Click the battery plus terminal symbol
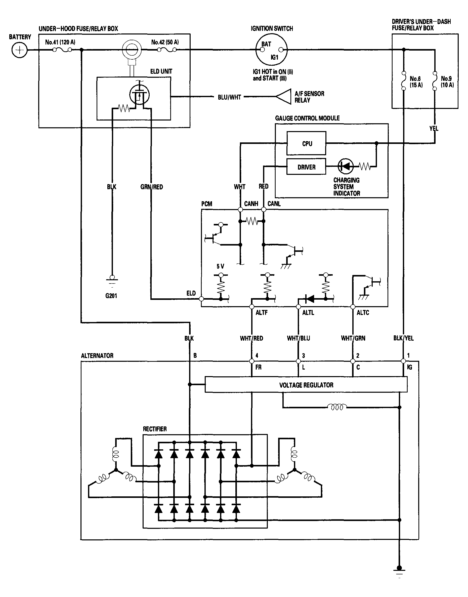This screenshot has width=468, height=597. click(x=19, y=50)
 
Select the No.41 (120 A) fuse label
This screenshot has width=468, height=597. click(x=60, y=42)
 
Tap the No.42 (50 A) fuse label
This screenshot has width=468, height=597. click(x=165, y=42)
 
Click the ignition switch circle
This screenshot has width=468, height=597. click(x=272, y=50)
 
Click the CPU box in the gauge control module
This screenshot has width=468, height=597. click(x=306, y=143)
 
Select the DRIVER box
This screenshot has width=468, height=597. click(x=306, y=167)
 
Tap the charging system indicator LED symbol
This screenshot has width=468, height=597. click(x=346, y=166)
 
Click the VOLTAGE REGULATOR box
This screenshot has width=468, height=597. click(x=306, y=385)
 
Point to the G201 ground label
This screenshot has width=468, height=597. click(x=111, y=296)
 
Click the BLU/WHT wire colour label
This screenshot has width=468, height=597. click(x=229, y=97)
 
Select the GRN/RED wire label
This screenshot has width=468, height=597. click(x=152, y=187)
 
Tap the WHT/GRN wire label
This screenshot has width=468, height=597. click(x=353, y=338)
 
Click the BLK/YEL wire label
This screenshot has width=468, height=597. click(x=403, y=338)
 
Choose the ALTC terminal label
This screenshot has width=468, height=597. click(x=363, y=312)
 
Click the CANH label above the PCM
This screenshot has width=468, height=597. click(x=251, y=204)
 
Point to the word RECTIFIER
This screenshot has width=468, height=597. click(x=155, y=429)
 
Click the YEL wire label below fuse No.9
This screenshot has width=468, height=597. click(x=434, y=128)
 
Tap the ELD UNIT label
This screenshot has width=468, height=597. click(x=161, y=71)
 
